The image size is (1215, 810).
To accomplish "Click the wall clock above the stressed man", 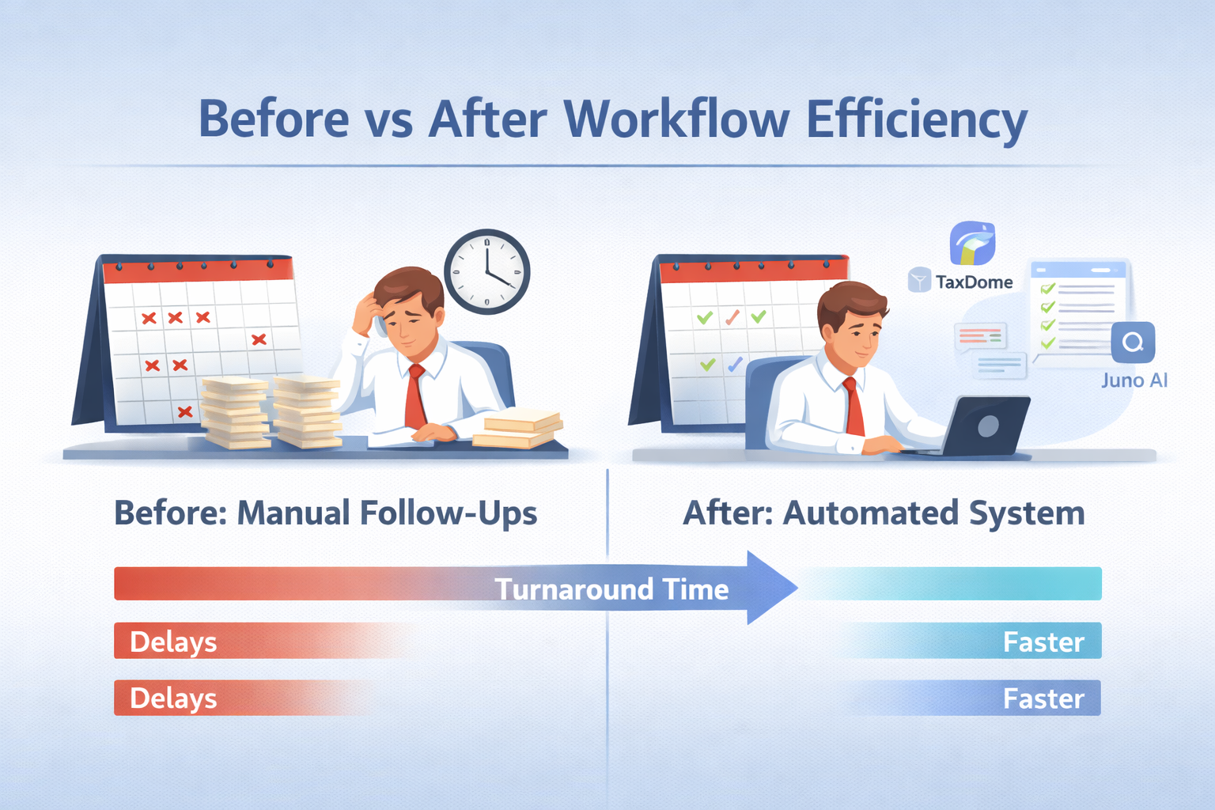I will pyautogui.click(x=486, y=271).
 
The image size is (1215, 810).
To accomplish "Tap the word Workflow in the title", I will pyautogui.click(x=676, y=120).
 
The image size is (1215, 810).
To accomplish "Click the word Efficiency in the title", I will pyautogui.click(x=916, y=120).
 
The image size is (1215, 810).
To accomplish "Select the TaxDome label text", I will pyautogui.click(x=974, y=282).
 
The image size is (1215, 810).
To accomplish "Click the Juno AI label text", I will pyautogui.click(x=1134, y=380).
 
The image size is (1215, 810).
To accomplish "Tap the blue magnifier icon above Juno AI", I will pyautogui.click(x=1133, y=343).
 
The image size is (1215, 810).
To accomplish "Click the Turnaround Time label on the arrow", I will pyautogui.click(x=611, y=589).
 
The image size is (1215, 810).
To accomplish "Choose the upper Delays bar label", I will pyautogui.click(x=173, y=642).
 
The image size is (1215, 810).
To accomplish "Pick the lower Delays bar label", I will pyautogui.click(x=173, y=698).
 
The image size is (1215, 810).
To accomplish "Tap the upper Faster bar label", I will pyautogui.click(x=1043, y=642).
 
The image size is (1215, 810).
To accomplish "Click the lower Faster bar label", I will pyautogui.click(x=1043, y=698).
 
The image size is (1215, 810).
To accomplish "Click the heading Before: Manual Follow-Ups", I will pyautogui.click(x=326, y=513).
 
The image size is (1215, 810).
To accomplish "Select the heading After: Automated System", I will pyautogui.click(x=884, y=513).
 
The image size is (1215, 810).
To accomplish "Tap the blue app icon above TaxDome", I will pyautogui.click(x=972, y=243).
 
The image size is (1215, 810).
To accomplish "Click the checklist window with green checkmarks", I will pyautogui.click(x=1078, y=308).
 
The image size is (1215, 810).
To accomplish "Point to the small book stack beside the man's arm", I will pyautogui.click(x=518, y=430).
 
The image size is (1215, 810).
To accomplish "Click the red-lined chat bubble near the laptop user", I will pyautogui.click(x=981, y=337).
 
